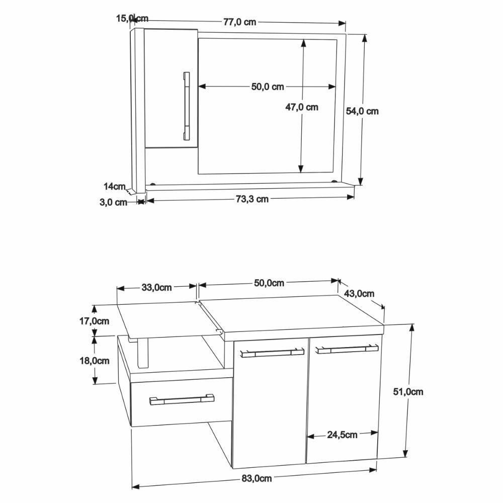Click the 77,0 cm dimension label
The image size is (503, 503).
click(x=239, y=22)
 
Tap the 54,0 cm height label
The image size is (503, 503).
click(x=362, y=111)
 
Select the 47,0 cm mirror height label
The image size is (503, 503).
click(x=302, y=107)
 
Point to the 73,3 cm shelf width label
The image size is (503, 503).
click(x=252, y=199)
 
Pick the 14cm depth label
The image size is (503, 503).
click(x=114, y=187)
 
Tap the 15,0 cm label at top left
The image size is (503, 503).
click(x=132, y=19)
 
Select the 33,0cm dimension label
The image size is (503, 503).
click(x=156, y=288)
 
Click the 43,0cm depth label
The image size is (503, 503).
click(x=359, y=293)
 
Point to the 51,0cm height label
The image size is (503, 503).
click(x=408, y=392)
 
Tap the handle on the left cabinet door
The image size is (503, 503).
click(x=273, y=353)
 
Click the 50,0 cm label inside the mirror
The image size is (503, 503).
click(x=268, y=87)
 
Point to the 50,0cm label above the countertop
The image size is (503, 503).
click(x=269, y=283)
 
